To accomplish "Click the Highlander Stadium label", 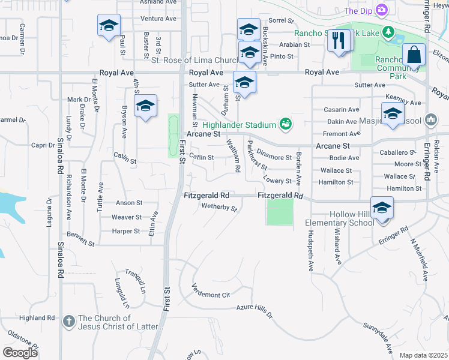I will [x=239, y=124].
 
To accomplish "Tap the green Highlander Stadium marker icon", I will [x=286, y=124].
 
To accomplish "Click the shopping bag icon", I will [x=414, y=55].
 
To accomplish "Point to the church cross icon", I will [x=68, y=322].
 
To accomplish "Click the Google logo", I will [x=20, y=352].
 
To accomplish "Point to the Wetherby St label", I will [x=220, y=208].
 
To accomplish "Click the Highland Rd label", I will [x=37, y=317].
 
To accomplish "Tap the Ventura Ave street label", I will [x=158, y=19].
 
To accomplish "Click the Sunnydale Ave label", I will [x=378, y=339].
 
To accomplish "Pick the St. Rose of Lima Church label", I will [x=187, y=60].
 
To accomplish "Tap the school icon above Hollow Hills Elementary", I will [x=382, y=207].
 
